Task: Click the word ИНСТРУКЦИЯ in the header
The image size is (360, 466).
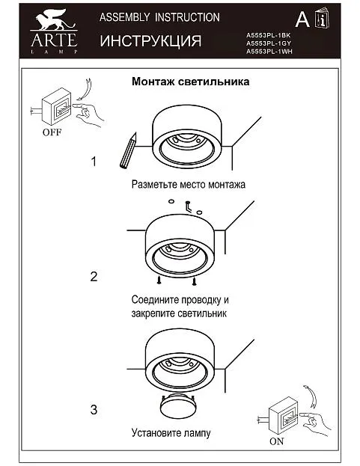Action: pyautogui.click(x=150, y=40)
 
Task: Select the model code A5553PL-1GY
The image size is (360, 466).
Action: pyautogui.click(x=269, y=43)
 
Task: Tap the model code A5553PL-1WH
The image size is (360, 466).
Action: pyautogui.click(x=269, y=52)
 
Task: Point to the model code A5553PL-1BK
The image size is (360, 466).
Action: pyautogui.click(x=268, y=35)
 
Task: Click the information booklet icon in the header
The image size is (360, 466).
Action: pyautogui.click(x=323, y=18)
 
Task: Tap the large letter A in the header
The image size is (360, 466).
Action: pyautogui.click(x=302, y=19)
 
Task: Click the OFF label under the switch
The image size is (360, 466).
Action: pyautogui.click(x=52, y=132)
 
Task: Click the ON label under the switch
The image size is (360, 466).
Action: pyautogui.click(x=277, y=441)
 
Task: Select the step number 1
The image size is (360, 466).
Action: pyautogui.click(x=94, y=162)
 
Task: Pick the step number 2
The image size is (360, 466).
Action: pyautogui.click(x=94, y=277)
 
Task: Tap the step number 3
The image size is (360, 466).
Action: pyautogui.click(x=94, y=410)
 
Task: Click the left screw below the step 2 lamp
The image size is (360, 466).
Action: pyautogui.click(x=159, y=280)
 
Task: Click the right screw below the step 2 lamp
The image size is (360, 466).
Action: pyautogui.click(x=194, y=281)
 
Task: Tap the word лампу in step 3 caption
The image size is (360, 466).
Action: pyautogui.click(x=197, y=432)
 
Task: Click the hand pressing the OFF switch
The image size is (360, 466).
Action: pyautogui.click(x=88, y=114)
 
